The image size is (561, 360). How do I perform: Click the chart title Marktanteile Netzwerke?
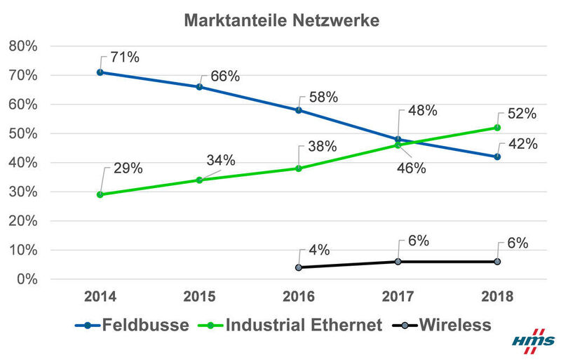(281, 20)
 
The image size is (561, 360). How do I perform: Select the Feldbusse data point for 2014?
(100, 72)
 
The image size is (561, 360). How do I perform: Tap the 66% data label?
(225, 76)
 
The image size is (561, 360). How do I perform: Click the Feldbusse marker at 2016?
(299, 110)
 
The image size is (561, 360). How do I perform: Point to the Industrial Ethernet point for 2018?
(497, 128)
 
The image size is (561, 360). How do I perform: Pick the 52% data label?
(522, 113)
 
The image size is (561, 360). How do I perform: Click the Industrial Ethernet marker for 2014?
(100, 194)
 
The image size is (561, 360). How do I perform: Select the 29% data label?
(128, 168)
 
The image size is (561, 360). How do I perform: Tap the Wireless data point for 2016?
(299, 267)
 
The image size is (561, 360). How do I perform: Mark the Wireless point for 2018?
(497, 261)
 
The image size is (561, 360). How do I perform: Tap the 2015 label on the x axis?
(199, 296)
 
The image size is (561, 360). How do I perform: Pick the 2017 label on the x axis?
(398, 296)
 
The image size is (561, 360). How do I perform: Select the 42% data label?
(522, 145)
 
